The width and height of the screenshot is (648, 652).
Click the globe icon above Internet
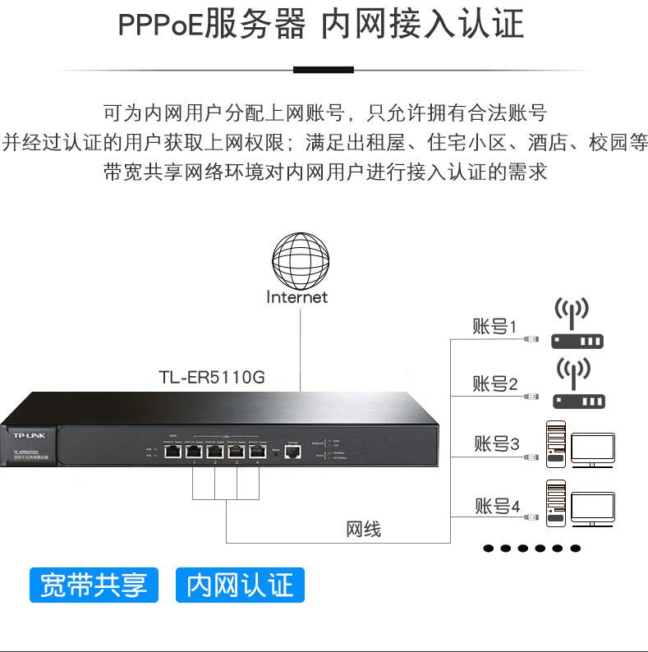[301, 257]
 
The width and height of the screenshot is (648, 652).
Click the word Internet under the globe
[296, 297]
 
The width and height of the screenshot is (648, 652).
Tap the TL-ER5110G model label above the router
[212, 378]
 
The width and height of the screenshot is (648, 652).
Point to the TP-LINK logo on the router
[30, 434]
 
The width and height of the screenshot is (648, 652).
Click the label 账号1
[494, 326]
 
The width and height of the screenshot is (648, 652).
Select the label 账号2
[494, 383]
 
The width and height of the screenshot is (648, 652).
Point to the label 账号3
[496, 444]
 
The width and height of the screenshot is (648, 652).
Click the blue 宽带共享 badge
[93, 585]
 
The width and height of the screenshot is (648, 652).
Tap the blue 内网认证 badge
[240, 585]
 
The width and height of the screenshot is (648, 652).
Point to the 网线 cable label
[363, 529]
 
